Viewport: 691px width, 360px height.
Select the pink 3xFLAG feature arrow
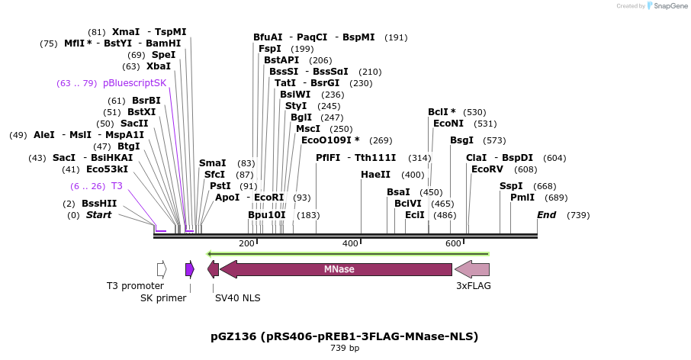[472, 269]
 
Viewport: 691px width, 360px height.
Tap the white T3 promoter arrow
[162, 269]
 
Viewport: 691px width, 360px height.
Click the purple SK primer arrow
[190, 269]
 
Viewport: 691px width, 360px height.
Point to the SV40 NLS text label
[237, 298]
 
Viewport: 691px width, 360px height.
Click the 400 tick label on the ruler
[350, 243]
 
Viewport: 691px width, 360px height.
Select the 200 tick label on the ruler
[246, 243]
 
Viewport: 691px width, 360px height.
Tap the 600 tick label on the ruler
[453, 243]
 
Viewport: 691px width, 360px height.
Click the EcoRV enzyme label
[487, 169]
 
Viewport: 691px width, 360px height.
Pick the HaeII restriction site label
[375, 175]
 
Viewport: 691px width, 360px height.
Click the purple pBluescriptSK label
[134, 83]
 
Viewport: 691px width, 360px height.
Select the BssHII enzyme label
[99, 204]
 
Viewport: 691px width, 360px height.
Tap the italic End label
[546, 215]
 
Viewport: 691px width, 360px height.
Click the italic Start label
[98, 215]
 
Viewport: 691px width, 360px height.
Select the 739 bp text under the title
[344, 349]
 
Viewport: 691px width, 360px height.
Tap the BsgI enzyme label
[461, 140]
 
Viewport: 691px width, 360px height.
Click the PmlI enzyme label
[522, 198]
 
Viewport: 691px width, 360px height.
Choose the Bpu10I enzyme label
[267, 215]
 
